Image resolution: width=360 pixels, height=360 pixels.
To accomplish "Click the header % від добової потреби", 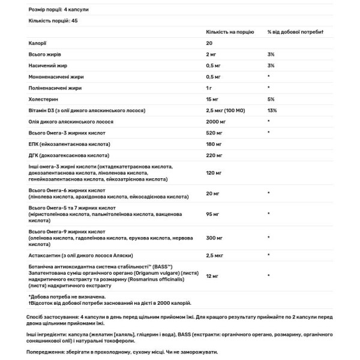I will tap(296, 31).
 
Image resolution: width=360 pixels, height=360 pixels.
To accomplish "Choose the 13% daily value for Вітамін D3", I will tap(272, 110).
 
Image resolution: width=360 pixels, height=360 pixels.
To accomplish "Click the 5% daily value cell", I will tap(271, 99).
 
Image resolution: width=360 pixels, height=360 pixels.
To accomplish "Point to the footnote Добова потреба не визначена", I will tap(67, 296).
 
